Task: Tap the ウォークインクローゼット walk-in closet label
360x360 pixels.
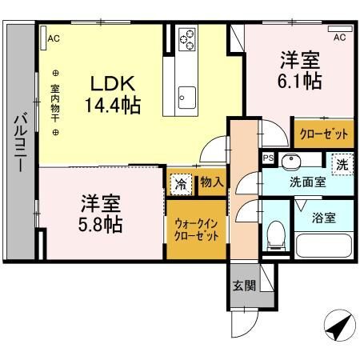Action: tap(196, 231)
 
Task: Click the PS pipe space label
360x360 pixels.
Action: tap(269, 158)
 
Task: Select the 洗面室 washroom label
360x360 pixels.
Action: tap(306, 182)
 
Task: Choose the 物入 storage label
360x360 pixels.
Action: tap(210, 184)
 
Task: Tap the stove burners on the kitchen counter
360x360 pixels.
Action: tap(187, 37)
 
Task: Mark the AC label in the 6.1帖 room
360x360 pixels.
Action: tap(338, 38)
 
